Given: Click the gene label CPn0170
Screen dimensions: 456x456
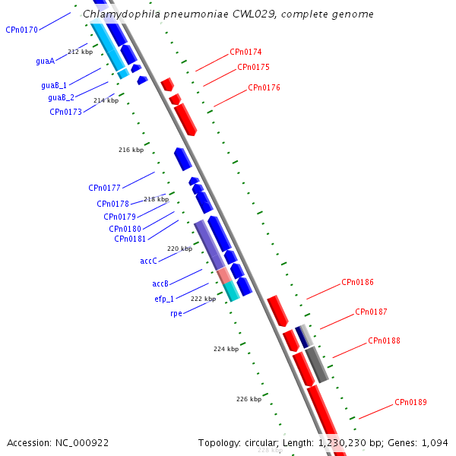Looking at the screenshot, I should point(21,30).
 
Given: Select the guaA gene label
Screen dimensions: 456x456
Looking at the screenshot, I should point(45,61).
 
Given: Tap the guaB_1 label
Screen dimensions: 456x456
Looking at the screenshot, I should point(54,86).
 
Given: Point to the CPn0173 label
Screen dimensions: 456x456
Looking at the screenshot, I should point(66,112).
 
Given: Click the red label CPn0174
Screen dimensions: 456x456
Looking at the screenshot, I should point(245,52).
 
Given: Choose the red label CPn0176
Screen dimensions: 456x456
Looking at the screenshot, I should point(264,88).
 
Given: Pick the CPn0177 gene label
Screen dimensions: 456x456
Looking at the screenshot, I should point(105,188).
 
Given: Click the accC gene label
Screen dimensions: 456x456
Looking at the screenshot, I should point(148,261).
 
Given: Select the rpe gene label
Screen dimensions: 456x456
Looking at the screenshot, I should point(176,313).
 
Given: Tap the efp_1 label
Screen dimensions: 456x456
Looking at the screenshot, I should point(164,299).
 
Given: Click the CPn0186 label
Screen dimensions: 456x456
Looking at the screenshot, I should point(357,283).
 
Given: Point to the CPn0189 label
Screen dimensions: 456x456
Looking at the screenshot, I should point(410,403).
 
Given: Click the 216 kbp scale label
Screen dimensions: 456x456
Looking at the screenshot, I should point(131,150).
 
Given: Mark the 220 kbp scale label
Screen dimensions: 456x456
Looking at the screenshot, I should point(179,249).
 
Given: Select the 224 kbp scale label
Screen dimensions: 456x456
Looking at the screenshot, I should point(226,350).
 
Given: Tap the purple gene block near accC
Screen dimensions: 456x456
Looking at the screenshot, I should point(209,245).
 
